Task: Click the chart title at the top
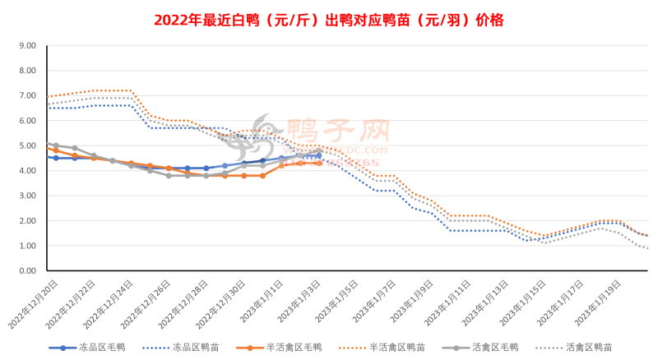pos(329,19)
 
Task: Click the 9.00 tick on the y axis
pos(25,46)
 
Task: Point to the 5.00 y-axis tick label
pos(25,146)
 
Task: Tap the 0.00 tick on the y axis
pos(25,271)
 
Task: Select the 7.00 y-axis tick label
pos(25,96)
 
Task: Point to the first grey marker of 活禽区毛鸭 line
pos(55,145)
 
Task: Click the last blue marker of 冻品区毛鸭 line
pos(319,155)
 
